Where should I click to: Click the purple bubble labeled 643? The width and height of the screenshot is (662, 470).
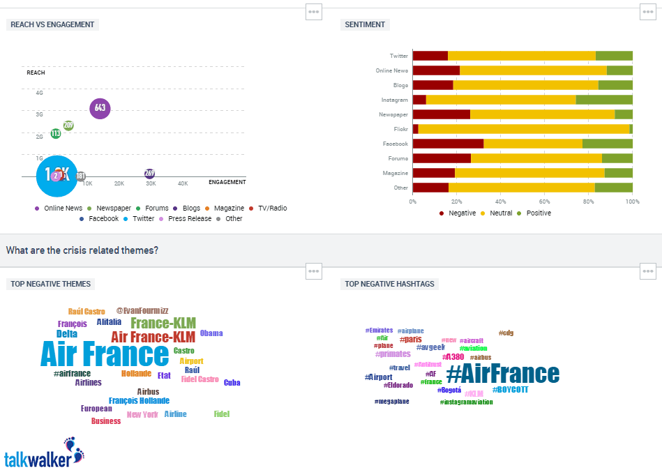[x=100, y=108]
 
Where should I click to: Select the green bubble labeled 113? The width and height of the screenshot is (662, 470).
[x=56, y=133]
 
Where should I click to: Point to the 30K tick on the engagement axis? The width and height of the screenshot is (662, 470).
[x=151, y=183]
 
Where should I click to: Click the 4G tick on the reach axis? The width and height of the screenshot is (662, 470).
[x=40, y=93]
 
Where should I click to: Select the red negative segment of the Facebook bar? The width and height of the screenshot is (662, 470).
[x=448, y=144]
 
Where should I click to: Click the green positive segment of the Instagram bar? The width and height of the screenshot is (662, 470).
[x=603, y=100]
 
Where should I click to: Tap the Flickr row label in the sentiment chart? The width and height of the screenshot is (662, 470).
[x=400, y=129]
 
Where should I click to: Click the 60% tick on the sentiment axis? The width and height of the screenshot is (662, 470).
[x=545, y=201]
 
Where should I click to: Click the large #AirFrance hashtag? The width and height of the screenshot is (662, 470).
[x=502, y=374]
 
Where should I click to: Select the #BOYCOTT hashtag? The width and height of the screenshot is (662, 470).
[x=510, y=390]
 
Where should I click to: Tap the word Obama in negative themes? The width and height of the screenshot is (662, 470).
[x=211, y=333]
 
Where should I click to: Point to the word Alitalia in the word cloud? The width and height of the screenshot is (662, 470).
[x=109, y=322]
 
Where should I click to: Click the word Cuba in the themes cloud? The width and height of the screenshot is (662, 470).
[x=232, y=383]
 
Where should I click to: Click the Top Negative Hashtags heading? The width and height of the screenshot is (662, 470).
[x=390, y=284]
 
